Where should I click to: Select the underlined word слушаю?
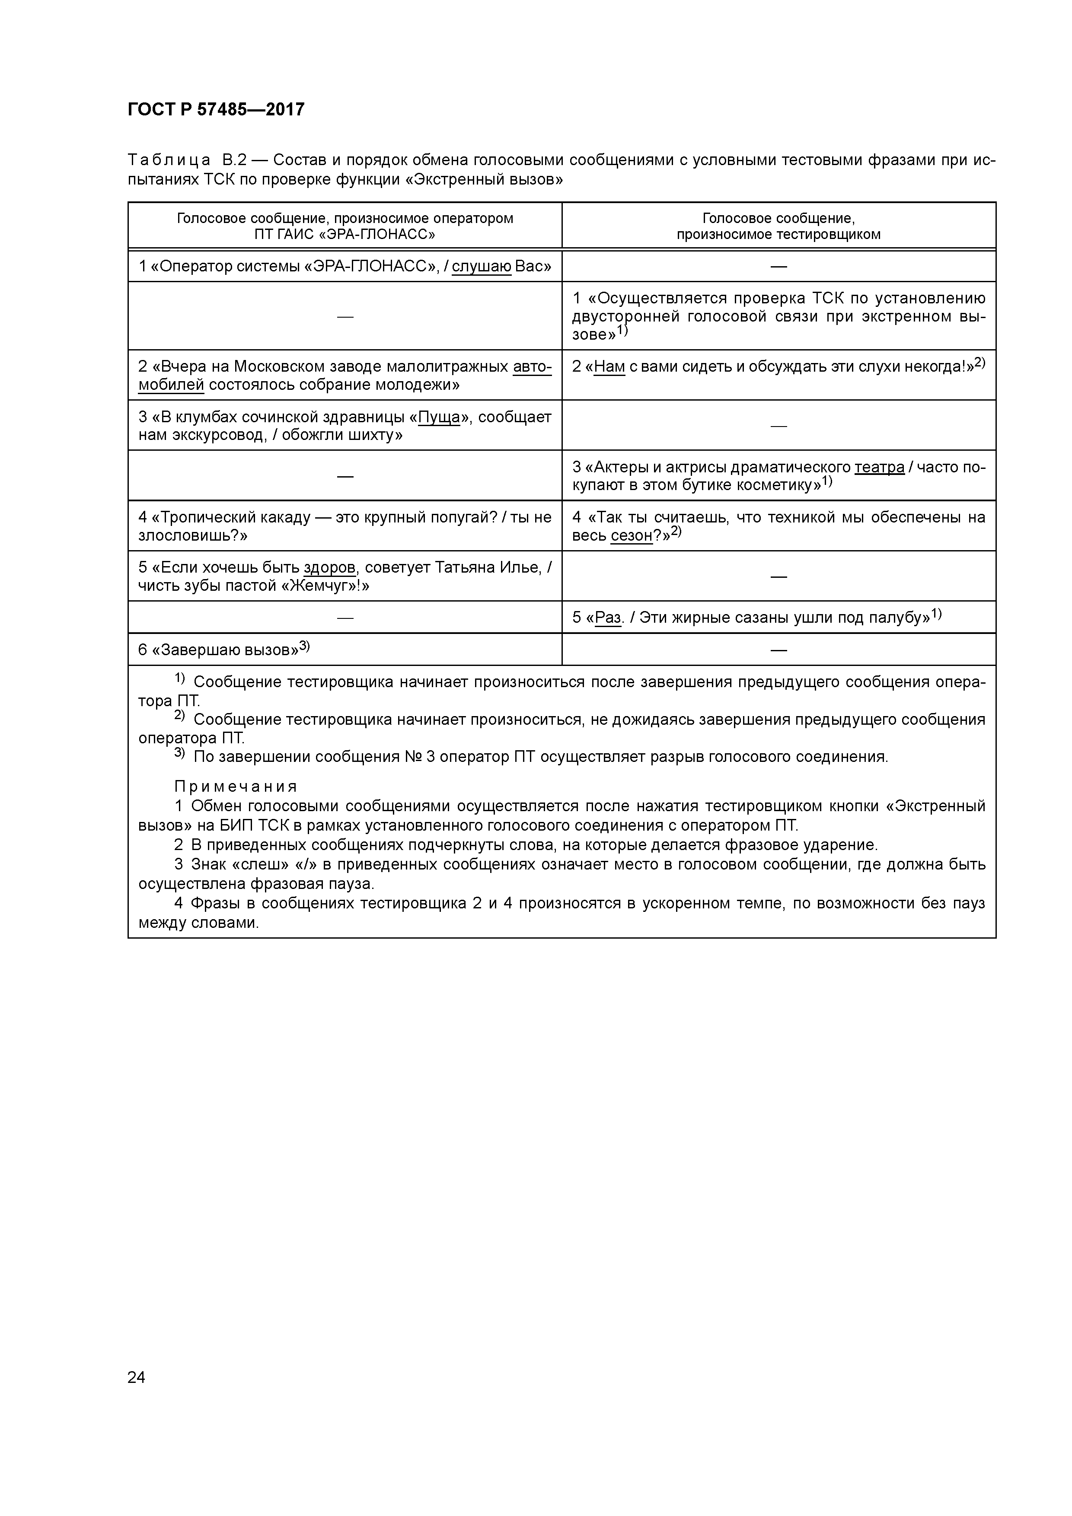482,267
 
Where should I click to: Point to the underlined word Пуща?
439,417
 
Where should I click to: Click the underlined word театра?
879,468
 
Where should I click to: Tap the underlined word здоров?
329,568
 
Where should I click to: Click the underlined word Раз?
608,618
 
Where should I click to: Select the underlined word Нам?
609,366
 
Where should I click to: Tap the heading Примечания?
236,787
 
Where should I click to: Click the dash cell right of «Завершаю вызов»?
779,650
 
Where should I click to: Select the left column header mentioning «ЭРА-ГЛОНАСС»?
345,226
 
